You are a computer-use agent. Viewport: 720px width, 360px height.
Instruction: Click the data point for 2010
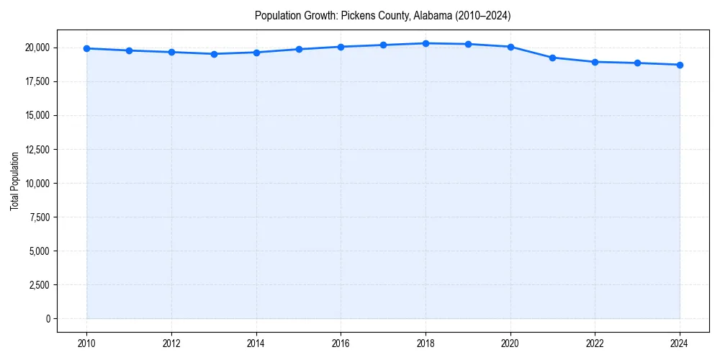point(86,48)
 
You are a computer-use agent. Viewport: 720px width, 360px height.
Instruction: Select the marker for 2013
point(214,54)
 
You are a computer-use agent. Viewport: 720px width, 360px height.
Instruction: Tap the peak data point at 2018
point(426,43)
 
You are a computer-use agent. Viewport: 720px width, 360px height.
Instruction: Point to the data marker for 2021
point(553,58)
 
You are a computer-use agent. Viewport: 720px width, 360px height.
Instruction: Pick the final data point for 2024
point(680,65)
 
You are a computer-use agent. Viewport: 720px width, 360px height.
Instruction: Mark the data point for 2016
point(341,47)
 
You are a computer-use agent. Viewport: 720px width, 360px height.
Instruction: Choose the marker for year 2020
point(510,47)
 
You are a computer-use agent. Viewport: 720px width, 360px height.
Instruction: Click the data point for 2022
point(595,62)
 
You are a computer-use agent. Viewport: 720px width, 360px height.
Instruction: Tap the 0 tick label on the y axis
point(47,318)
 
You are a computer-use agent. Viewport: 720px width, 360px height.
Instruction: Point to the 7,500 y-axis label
point(40,217)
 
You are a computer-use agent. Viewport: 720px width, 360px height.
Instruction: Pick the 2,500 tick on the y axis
point(40,284)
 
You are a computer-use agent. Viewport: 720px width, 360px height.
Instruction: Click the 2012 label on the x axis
point(171,342)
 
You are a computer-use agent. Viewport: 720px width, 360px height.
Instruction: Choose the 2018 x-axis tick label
point(426,342)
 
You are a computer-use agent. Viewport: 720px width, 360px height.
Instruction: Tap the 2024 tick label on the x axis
point(680,342)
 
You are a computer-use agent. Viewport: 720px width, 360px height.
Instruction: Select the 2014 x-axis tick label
point(256,342)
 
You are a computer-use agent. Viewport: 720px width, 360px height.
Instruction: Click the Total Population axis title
point(14,181)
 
